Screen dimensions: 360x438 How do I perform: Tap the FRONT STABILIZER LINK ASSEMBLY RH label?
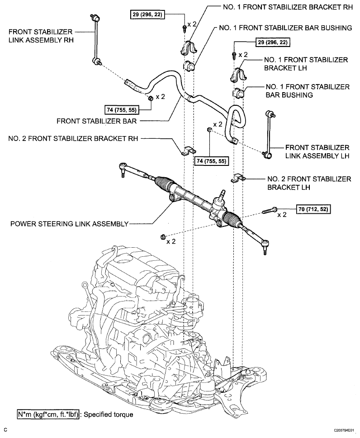pyautogui.click(x=41, y=36)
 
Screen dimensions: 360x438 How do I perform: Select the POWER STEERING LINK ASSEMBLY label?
pyautogui.click(x=69, y=224)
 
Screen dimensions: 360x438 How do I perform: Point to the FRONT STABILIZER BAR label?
pyautogui.click(x=97, y=121)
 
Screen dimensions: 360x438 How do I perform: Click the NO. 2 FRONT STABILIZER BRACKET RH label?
pyautogui.click(x=73, y=139)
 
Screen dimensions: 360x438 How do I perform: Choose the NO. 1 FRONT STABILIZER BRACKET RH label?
pyautogui.click(x=288, y=7)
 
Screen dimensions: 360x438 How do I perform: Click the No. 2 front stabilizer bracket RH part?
pyautogui.click(x=188, y=151)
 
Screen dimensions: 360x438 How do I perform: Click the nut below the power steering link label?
pyautogui.click(x=162, y=237)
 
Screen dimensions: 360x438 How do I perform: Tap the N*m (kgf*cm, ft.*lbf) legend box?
pyautogui.click(x=48, y=414)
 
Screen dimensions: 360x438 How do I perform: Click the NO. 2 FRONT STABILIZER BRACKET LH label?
pyautogui.click(x=309, y=183)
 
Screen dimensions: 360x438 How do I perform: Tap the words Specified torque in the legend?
pyautogui.click(x=109, y=414)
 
